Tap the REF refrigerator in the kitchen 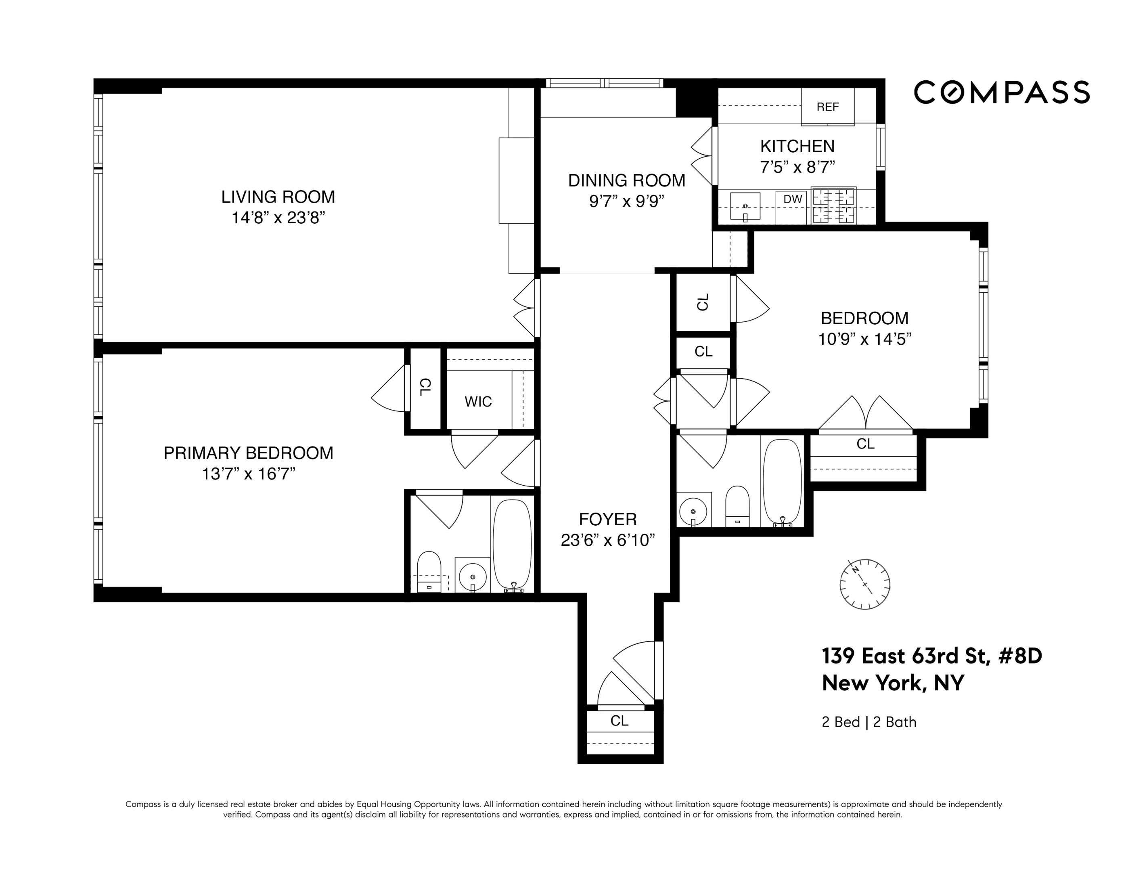[827, 107]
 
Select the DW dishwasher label [793, 199]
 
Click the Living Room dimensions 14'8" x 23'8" [278, 218]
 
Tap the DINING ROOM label [626, 180]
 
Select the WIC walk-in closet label [478, 401]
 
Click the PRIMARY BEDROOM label [249, 453]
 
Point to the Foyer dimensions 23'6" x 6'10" [607, 540]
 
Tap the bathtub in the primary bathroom [512, 543]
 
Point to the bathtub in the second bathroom [783, 482]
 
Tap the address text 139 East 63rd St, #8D [932, 656]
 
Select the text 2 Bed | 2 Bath [869, 722]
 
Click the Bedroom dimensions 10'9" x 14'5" [864, 340]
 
